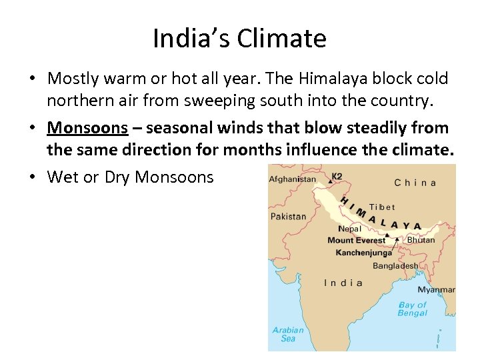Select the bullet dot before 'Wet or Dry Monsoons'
[32, 177]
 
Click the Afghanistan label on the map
[293, 179]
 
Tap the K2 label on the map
[337, 176]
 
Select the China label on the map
[415, 183]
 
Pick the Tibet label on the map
[382, 207]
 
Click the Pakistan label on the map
[289, 217]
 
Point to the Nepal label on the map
[349, 229]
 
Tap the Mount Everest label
[356, 241]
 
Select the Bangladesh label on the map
[395, 265]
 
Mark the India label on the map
[343, 283]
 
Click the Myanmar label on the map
[436, 290]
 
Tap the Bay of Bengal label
[413, 309]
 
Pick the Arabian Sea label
[288, 334]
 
